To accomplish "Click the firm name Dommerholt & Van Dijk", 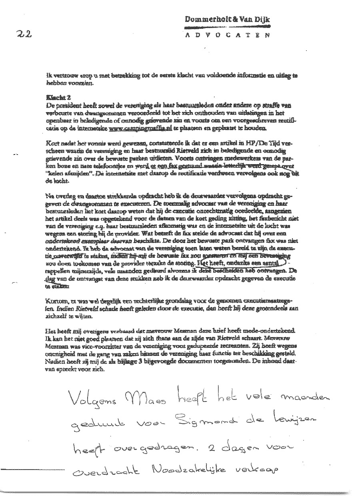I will (x=227, y=19).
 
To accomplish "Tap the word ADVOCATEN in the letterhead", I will (x=227, y=35).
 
